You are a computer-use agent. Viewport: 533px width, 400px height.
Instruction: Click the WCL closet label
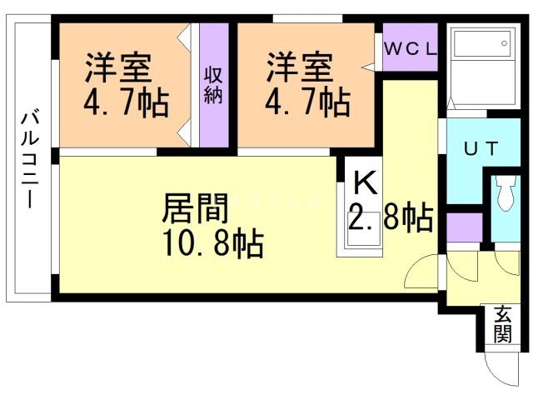tap(410, 48)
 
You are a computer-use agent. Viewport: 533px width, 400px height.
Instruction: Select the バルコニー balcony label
tap(28, 162)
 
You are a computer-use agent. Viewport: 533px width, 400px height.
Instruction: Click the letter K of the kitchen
tap(365, 180)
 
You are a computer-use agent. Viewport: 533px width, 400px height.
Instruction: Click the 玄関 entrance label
tap(501, 324)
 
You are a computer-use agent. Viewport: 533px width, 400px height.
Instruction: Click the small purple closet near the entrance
tap(464, 226)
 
